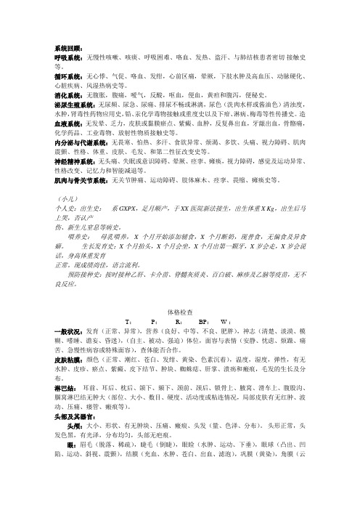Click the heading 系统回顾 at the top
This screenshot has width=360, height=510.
(67, 46)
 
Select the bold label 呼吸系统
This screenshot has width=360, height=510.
(69, 56)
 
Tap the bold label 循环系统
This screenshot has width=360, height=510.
(69, 75)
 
